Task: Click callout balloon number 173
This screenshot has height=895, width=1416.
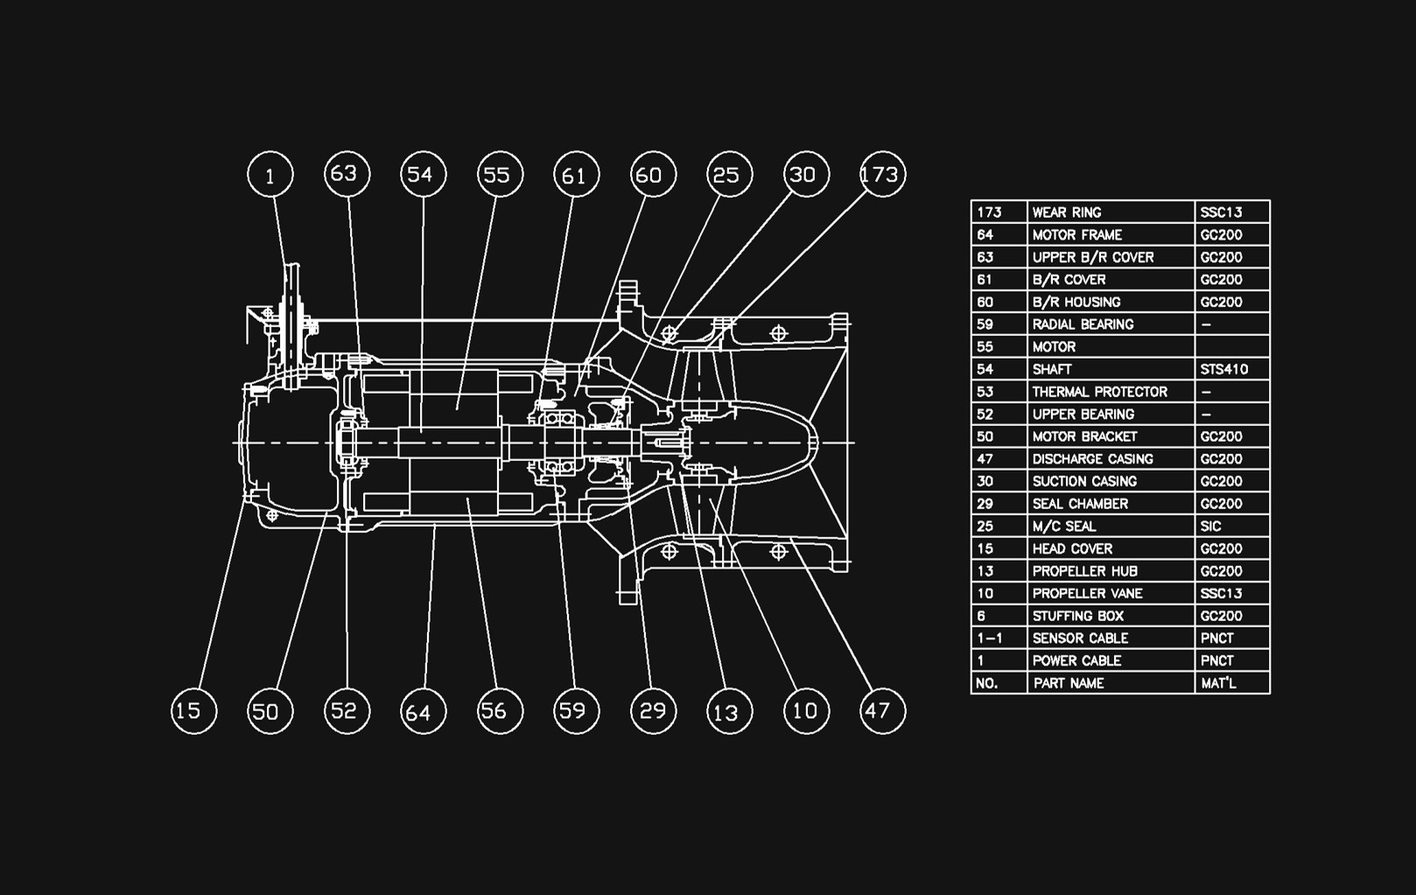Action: click(x=882, y=174)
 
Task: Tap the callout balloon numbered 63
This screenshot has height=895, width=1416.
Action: click(x=347, y=173)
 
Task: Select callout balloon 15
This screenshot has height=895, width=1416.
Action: click(x=193, y=710)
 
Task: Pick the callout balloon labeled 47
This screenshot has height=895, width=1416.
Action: click(x=882, y=710)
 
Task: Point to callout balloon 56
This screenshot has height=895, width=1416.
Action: click(x=500, y=710)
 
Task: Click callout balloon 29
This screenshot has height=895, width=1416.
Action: click(x=653, y=710)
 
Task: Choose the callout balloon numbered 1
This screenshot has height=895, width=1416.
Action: click(x=270, y=174)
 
